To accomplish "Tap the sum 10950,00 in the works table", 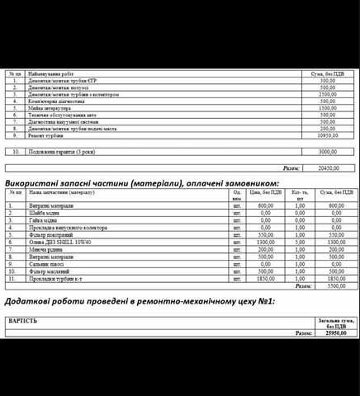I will (328, 134).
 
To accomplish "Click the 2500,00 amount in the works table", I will (328, 94).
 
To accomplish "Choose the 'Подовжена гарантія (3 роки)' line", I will (61, 152).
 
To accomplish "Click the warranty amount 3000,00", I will (328, 152).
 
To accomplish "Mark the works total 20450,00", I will (328, 167).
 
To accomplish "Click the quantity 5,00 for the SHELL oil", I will (299, 242).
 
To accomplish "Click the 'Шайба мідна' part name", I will (46, 213).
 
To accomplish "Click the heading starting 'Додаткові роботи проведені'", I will (140, 302).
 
